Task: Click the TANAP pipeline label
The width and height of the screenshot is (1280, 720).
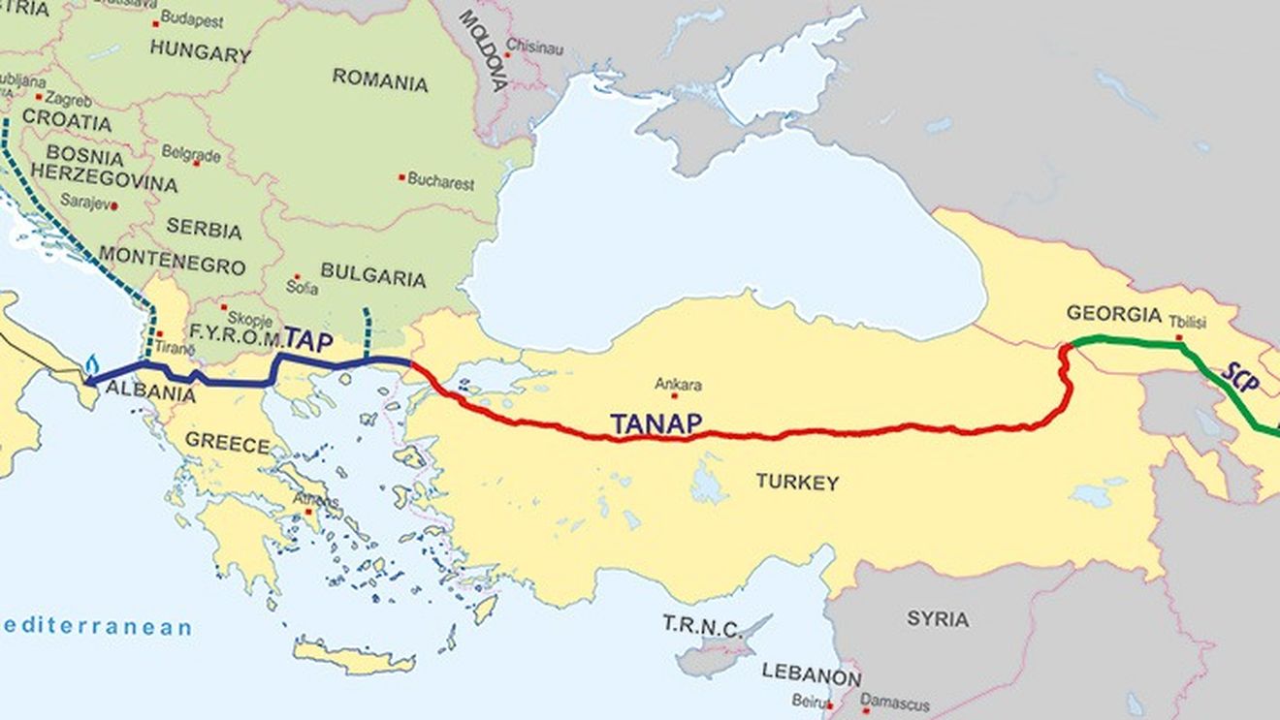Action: pos(656,423)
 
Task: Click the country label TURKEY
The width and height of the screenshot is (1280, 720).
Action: pos(797,482)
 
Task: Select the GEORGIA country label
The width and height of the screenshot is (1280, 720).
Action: pos(1113,314)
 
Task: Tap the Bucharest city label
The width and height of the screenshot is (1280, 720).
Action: pos(440,180)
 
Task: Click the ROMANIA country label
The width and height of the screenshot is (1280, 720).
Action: pos(380,79)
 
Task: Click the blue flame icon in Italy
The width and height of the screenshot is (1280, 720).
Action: pos(92,364)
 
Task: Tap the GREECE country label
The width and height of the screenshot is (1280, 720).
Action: pos(228,444)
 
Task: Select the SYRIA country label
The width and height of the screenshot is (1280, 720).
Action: pos(938,618)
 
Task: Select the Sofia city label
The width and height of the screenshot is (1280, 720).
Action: pos(302,288)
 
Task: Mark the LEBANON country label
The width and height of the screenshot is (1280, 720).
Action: pos(811,673)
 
